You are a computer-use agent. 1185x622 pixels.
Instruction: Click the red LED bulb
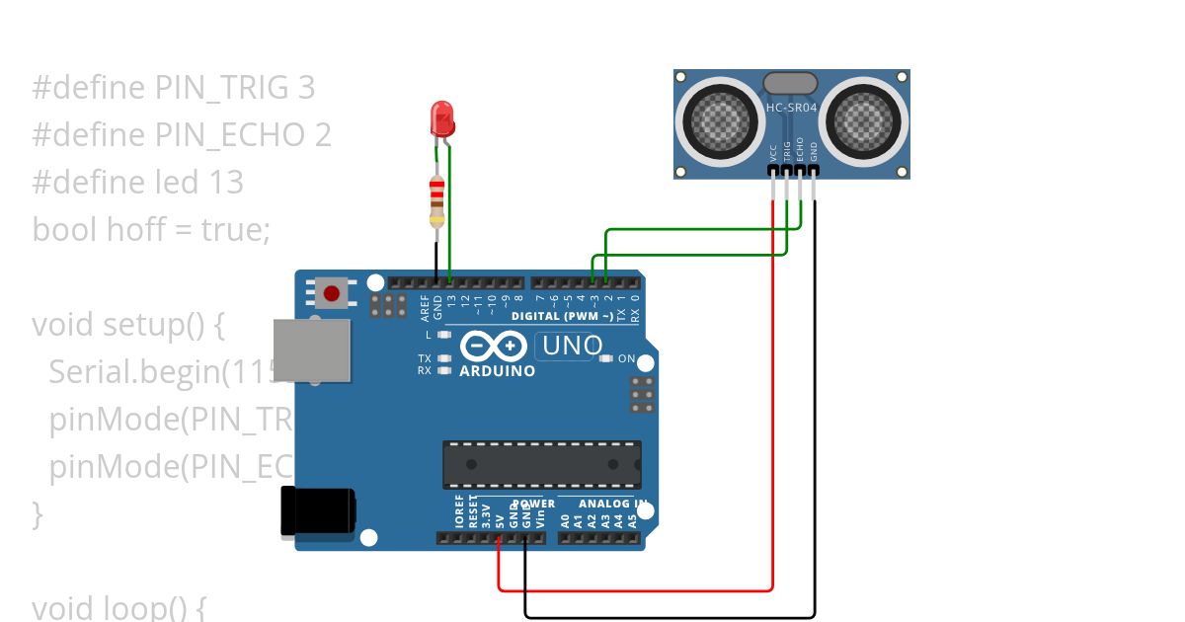(x=441, y=119)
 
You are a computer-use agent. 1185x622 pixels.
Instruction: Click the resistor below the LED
(x=436, y=201)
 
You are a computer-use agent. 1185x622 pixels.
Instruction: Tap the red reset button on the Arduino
(x=332, y=293)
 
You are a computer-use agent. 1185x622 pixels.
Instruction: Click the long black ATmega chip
(x=541, y=464)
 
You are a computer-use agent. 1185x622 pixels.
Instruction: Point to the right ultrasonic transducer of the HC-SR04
(x=863, y=121)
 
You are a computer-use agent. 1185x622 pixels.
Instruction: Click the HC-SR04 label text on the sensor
(x=790, y=107)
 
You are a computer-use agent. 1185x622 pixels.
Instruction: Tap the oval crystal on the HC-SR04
(x=790, y=83)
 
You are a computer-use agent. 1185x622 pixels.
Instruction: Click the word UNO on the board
(x=572, y=346)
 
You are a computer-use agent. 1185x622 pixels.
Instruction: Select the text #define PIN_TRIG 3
(x=174, y=88)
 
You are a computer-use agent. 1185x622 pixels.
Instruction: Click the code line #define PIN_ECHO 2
(x=182, y=134)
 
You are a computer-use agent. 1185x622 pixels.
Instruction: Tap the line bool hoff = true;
(x=151, y=229)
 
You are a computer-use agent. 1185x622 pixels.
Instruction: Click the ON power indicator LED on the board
(x=605, y=359)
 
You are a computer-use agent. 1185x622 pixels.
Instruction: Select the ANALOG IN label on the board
(x=612, y=504)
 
